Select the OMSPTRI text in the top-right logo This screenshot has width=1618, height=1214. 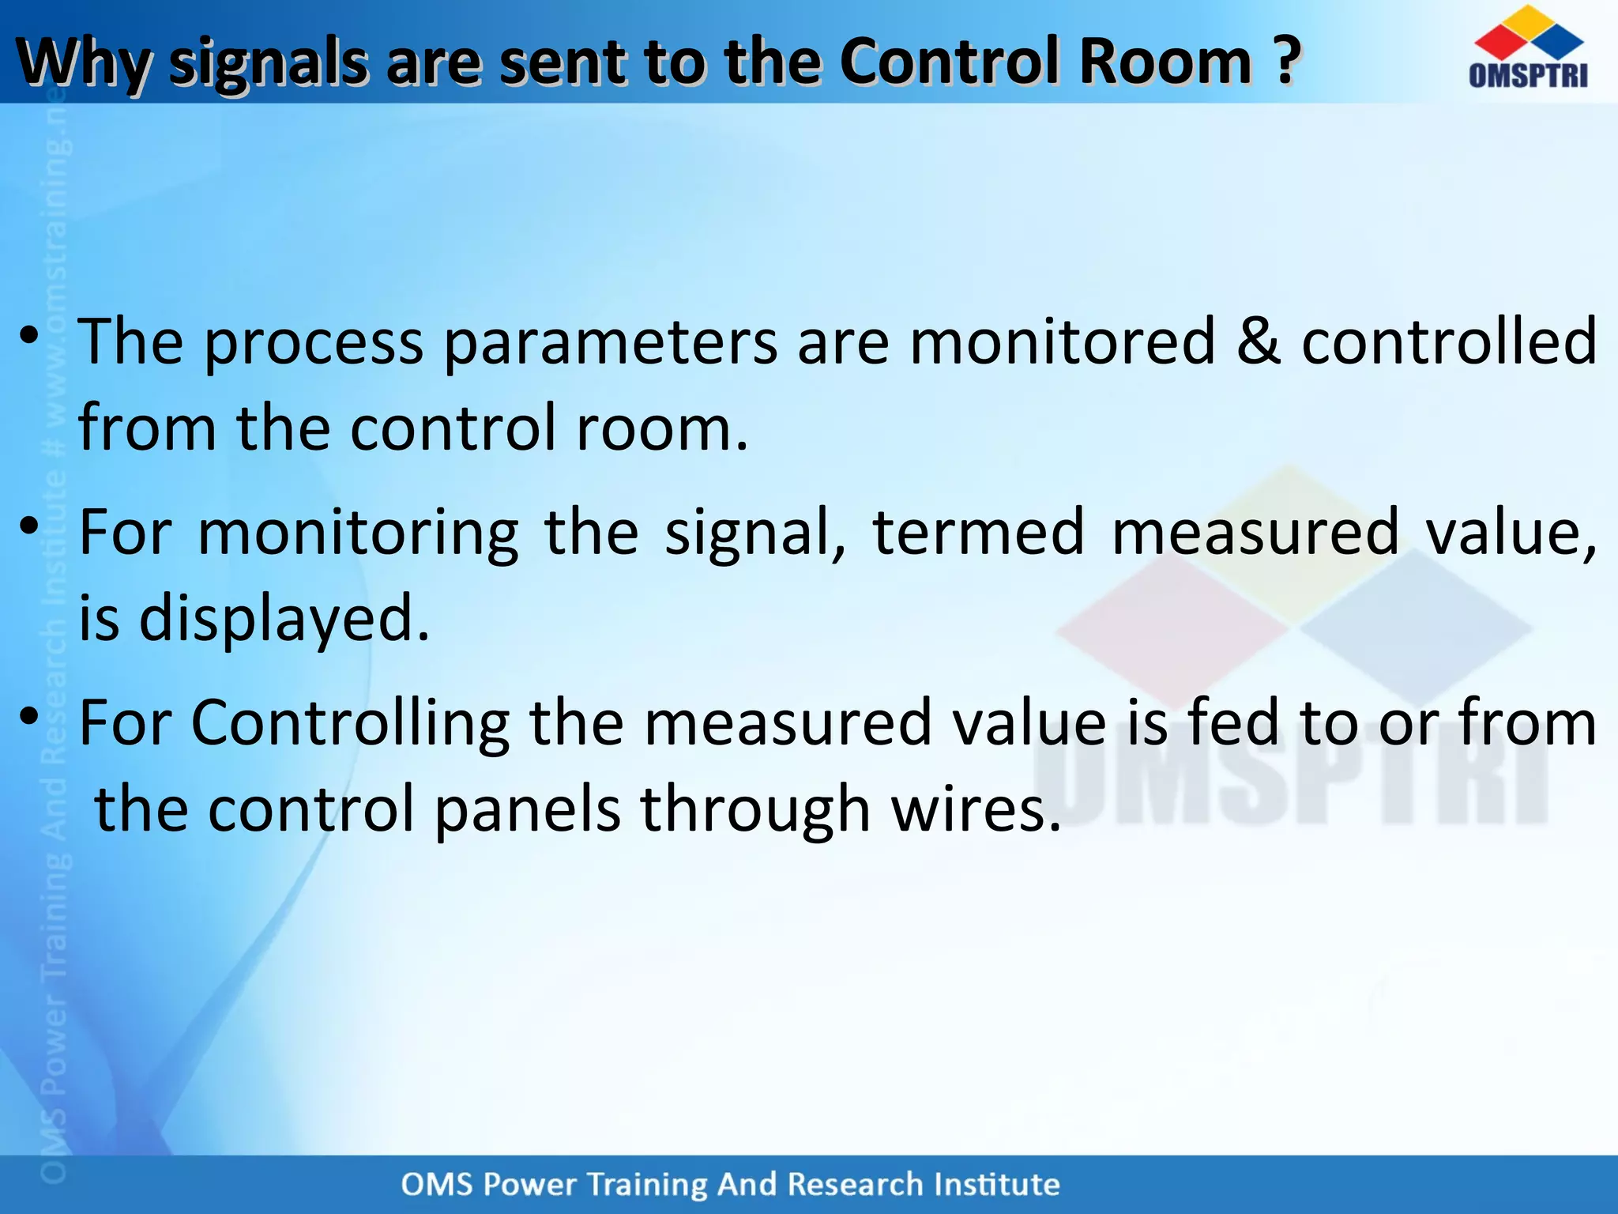tap(1528, 75)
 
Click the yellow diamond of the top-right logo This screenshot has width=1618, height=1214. tap(1528, 22)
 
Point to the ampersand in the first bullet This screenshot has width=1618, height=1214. tap(1259, 341)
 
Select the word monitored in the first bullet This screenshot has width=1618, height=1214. tap(1062, 341)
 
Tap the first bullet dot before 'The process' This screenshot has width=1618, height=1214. tap(29, 335)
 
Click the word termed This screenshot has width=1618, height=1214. tap(978, 532)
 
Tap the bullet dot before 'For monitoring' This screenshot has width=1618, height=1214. tap(29, 526)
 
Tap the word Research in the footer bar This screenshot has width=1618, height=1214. tap(856, 1185)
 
